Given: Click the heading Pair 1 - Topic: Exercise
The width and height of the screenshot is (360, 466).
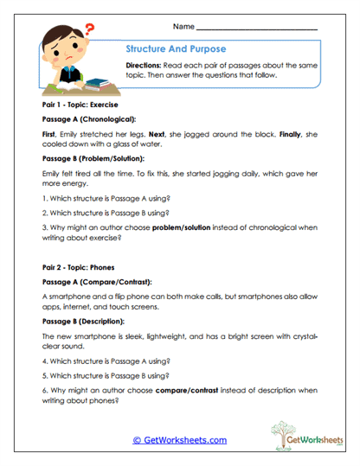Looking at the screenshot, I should [x=81, y=103].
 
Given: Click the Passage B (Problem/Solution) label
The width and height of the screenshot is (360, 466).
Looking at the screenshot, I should [x=95, y=160].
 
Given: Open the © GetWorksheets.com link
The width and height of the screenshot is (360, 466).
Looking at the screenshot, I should [x=179, y=440].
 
